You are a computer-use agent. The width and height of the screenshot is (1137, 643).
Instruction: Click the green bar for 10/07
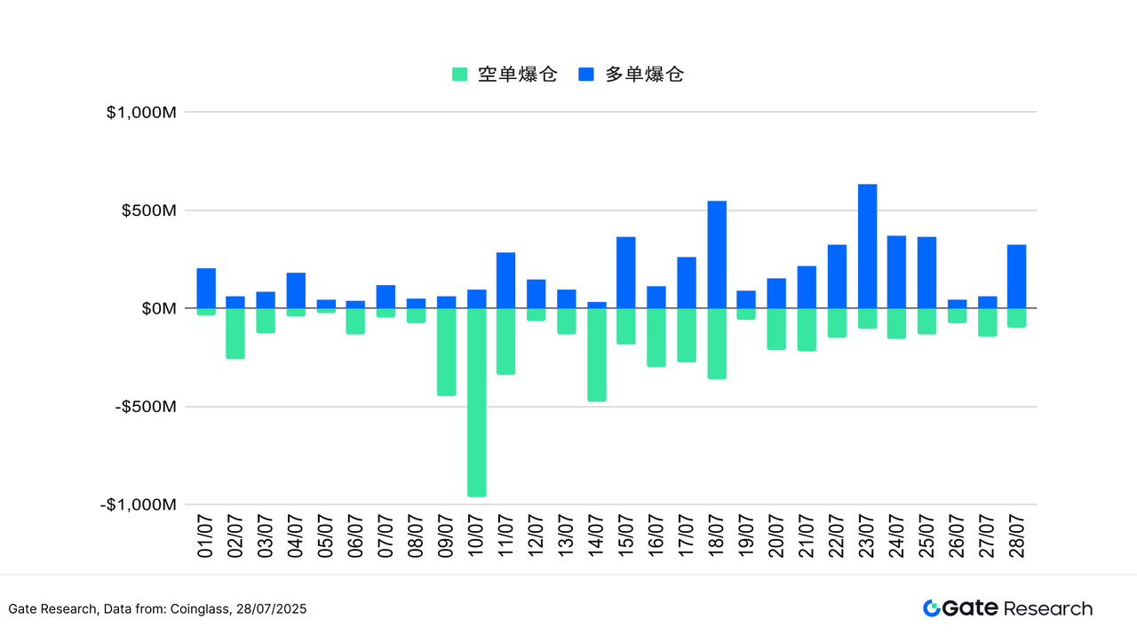point(476,402)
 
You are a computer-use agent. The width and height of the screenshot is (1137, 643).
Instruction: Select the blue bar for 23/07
point(867,246)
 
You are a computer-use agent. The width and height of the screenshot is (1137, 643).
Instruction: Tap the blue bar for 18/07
point(717,255)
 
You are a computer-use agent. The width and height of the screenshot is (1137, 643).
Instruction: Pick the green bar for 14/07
point(597,354)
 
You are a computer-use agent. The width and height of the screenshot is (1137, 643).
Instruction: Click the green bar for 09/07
point(446,352)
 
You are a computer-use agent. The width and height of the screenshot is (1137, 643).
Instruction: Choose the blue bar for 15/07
point(626,273)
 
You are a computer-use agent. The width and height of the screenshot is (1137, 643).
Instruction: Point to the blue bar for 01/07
point(206,288)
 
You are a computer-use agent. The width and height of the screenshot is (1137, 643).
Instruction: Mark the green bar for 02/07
point(235,333)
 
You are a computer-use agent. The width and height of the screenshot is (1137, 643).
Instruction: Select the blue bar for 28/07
point(1017,276)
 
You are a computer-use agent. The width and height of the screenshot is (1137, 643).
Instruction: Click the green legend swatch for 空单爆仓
point(459,75)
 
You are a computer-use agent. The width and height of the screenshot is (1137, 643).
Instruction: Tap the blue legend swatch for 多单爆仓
point(586,75)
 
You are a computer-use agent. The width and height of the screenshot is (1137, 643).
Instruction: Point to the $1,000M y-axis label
point(141,113)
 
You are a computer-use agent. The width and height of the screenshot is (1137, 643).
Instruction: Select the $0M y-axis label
point(159,309)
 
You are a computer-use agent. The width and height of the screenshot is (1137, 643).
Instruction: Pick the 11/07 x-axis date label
point(506,537)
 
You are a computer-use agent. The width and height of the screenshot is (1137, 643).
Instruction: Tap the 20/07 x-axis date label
point(776,537)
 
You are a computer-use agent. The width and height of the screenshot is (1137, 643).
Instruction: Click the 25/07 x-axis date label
point(926,537)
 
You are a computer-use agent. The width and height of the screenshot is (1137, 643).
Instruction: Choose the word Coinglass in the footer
point(201,609)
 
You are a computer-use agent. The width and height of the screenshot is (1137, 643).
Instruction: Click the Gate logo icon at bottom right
point(932,608)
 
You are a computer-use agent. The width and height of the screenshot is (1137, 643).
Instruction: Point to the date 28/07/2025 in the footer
point(271,609)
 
